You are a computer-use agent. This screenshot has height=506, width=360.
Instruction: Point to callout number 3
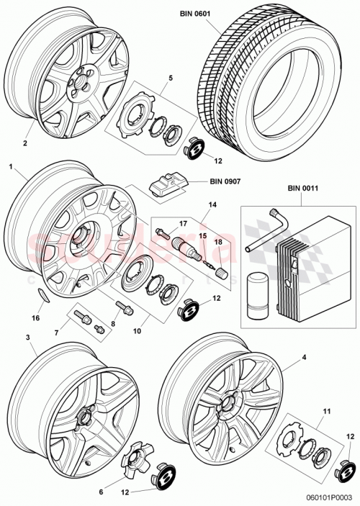(x=27, y=337)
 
